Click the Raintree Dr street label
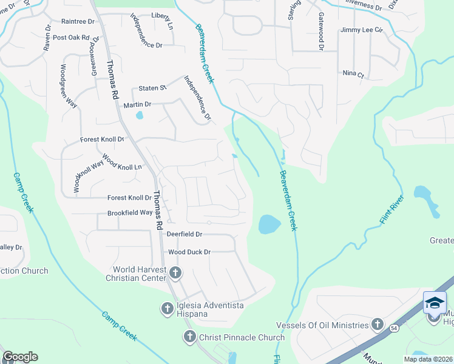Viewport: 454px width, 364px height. [x=78, y=21]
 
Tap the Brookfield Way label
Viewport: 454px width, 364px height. [x=130, y=213]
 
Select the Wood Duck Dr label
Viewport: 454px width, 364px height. [x=189, y=252]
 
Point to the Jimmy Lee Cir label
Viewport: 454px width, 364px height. [x=362, y=30]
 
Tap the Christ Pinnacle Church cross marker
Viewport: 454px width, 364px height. [x=189, y=337]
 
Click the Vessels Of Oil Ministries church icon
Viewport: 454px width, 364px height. [x=378, y=325]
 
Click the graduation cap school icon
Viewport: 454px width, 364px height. [x=435, y=303]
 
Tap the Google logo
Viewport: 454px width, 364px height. [x=20, y=357]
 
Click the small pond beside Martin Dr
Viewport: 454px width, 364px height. [x=140, y=115]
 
